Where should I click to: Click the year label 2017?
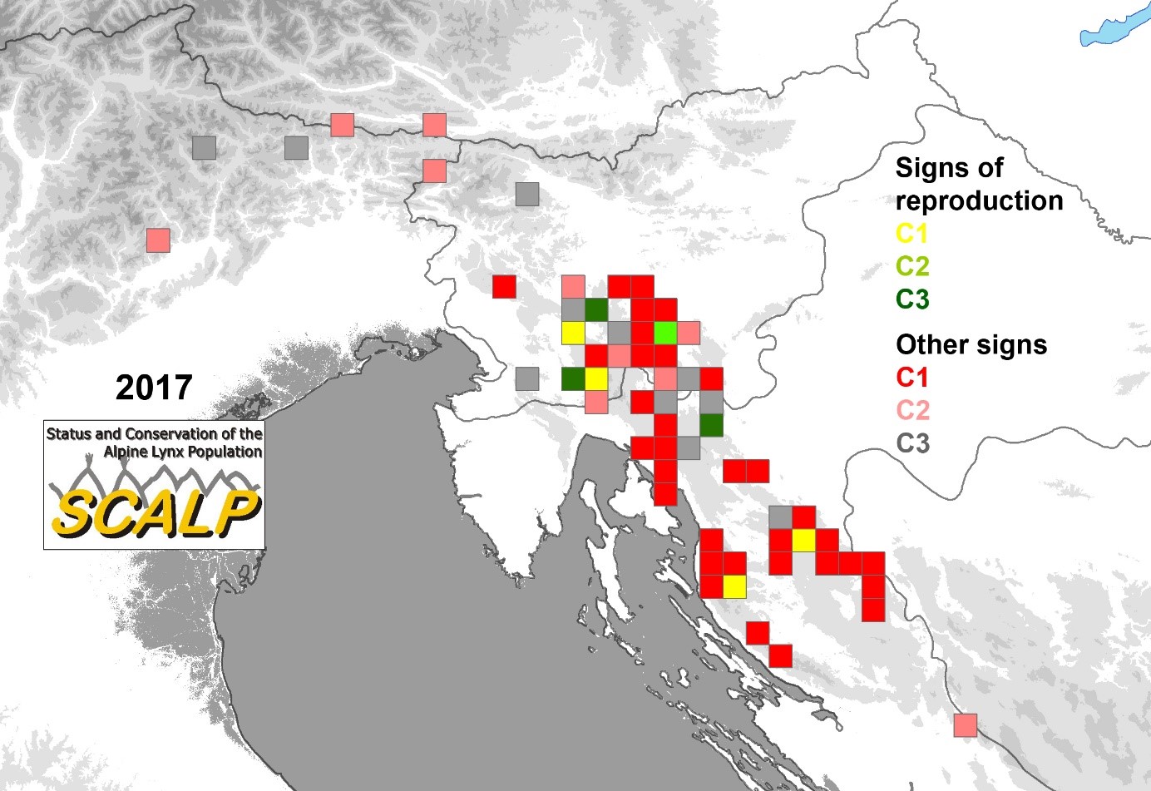154,388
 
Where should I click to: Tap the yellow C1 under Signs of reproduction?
911,234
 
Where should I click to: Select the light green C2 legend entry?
912,266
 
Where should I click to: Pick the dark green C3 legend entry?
912,299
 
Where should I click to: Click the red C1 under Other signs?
911,377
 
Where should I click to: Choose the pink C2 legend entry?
912,410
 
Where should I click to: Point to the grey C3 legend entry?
912,443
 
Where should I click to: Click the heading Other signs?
971,344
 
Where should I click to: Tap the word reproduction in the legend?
979,200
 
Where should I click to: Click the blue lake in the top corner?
1114,32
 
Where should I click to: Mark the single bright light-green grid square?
664,333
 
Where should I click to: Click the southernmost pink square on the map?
965,725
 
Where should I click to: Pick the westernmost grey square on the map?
204,148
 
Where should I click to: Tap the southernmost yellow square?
734,586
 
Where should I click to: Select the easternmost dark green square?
710,425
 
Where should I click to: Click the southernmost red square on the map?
780,656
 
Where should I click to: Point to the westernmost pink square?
158,240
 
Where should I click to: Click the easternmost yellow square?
803,541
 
